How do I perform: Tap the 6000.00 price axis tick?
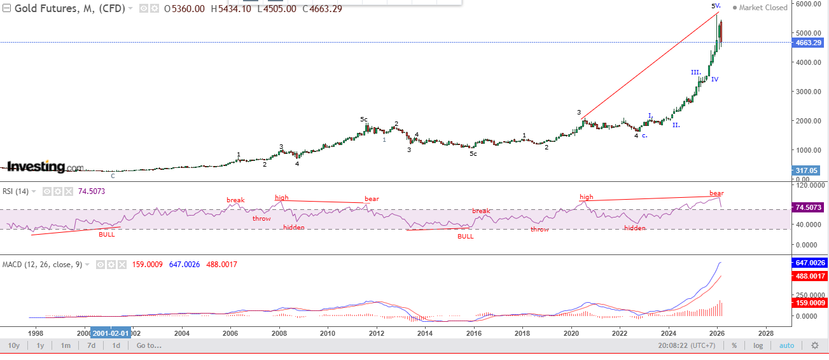coord(807,4)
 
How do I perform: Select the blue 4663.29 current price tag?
coord(808,43)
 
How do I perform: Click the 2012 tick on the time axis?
coord(377,333)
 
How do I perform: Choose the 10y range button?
coord(13,345)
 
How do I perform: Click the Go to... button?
coord(149,345)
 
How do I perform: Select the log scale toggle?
coord(758,345)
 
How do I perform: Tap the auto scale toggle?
coord(786,345)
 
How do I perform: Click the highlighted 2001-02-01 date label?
coord(111,333)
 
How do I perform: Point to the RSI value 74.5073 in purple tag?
coord(809,207)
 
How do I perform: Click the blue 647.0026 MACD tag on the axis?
coord(809,263)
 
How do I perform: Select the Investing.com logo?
coord(45,167)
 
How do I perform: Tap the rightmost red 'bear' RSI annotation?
coord(716,193)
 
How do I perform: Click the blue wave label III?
coord(695,73)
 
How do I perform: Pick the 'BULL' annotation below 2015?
coord(466,236)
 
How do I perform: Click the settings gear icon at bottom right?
coord(815,345)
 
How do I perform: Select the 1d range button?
coord(116,345)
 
